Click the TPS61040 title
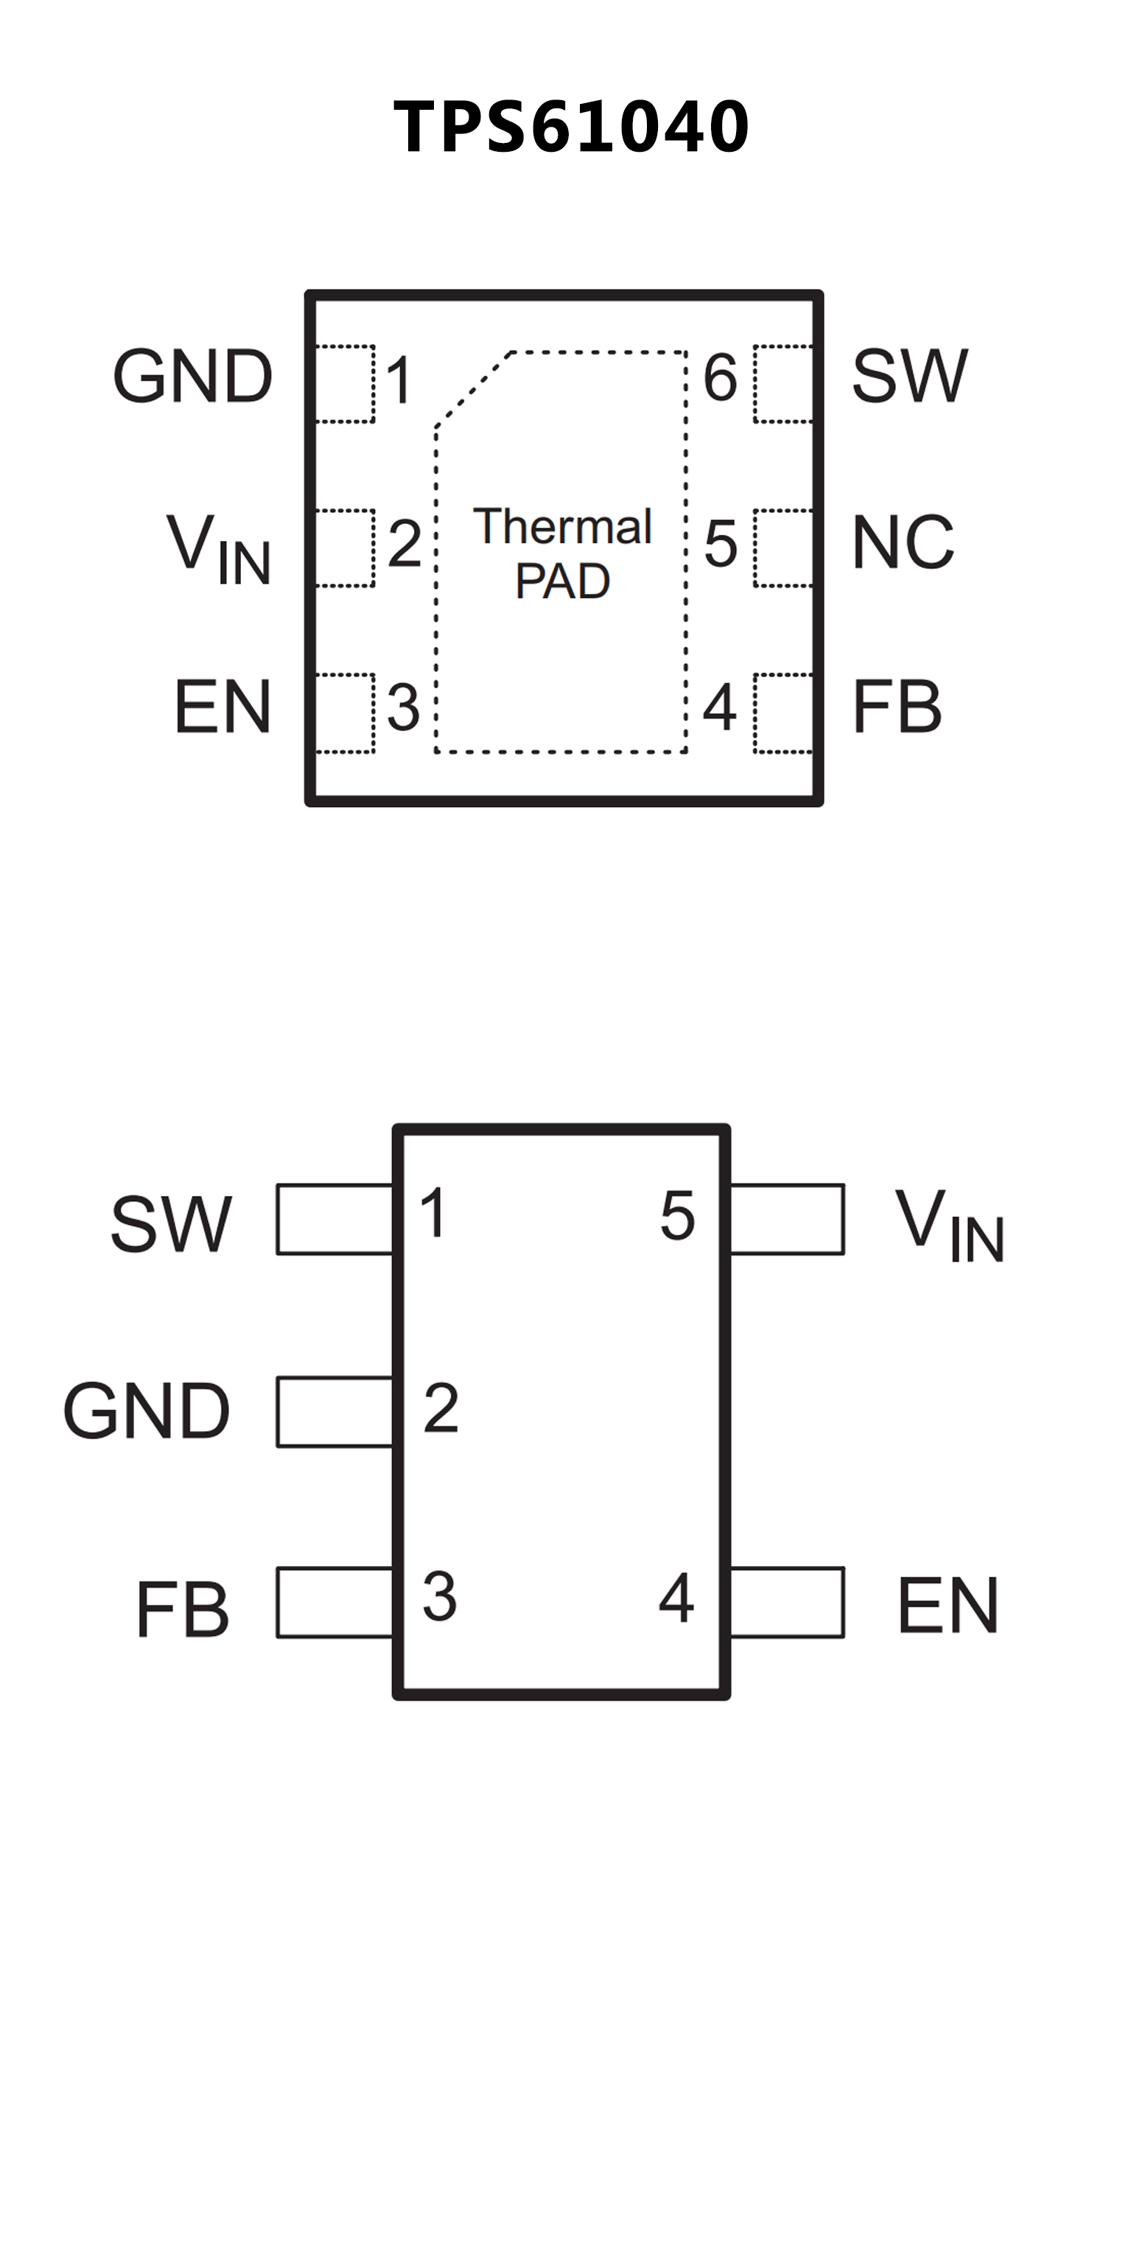571,127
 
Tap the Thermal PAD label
562,553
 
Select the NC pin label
902,542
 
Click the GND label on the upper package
193,376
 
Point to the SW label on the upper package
910,376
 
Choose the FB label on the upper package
897,706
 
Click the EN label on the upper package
223,706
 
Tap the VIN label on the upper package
219,548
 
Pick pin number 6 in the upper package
720,378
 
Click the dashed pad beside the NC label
783,548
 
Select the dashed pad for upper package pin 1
345,384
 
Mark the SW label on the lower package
171,1224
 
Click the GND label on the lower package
147,1411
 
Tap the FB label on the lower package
183,1609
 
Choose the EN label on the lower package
948,1605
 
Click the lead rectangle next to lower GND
335,1412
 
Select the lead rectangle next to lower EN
787,1602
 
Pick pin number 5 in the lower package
677,1217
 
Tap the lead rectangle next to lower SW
335,1220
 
